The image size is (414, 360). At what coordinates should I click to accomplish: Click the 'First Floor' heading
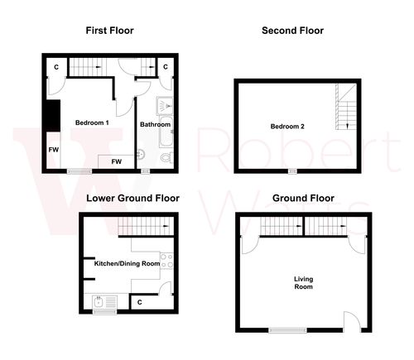(x=109, y=31)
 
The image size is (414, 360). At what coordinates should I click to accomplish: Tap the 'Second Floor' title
(x=292, y=31)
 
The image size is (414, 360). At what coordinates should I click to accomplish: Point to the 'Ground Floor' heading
(x=303, y=198)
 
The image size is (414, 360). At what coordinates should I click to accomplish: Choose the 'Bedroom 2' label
(x=287, y=127)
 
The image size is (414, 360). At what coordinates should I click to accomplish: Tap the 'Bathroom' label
(x=155, y=125)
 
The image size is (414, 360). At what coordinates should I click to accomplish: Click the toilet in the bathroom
(x=142, y=153)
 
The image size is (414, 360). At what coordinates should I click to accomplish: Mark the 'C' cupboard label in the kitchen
(x=140, y=303)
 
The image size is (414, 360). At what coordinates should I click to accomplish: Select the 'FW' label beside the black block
(x=53, y=150)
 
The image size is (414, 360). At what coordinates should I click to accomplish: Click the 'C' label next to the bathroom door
(x=166, y=66)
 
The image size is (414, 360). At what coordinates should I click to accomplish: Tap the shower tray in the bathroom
(x=164, y=105)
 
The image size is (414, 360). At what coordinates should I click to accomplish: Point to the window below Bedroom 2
(x=291, y=171)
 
